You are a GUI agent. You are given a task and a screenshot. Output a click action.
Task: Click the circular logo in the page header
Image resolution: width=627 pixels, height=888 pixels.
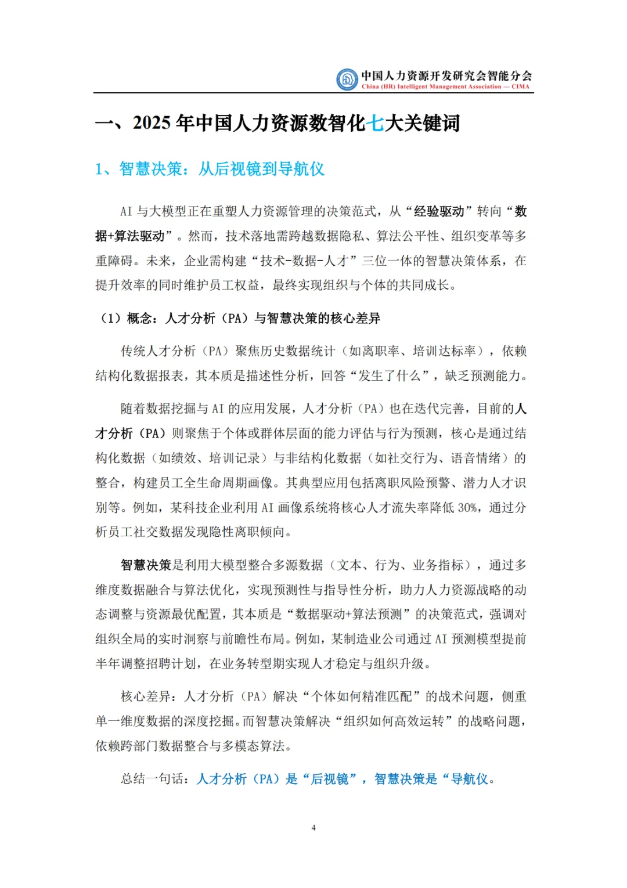coord(347,80)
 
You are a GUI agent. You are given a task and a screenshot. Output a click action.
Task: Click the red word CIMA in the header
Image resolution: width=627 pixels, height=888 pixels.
coord(520,87)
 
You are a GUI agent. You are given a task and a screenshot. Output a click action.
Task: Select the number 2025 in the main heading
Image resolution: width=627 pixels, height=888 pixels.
coord(152,123)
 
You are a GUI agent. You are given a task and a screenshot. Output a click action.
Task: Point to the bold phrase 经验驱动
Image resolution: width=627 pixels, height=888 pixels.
coord(439,211)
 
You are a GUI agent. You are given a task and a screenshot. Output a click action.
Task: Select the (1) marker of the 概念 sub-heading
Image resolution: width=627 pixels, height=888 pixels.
coord(111,318)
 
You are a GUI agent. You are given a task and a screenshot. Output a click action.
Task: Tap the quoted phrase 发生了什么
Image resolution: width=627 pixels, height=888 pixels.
coord(388,376)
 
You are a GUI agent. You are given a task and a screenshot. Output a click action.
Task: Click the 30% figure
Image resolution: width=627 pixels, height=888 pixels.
coord(468,508)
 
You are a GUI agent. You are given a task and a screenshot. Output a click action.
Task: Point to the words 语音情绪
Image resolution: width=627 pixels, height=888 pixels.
coord(476,459)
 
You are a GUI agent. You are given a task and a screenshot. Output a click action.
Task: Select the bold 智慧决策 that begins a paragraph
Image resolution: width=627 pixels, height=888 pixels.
coord(146,565)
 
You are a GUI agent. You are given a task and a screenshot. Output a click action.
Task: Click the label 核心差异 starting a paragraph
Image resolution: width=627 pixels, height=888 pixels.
coord(146,696)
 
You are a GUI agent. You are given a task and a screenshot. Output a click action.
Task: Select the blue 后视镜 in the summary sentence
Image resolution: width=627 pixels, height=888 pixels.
coord(330,779)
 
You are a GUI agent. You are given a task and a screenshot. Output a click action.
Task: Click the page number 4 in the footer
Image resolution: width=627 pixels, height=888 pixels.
coord(313,828)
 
